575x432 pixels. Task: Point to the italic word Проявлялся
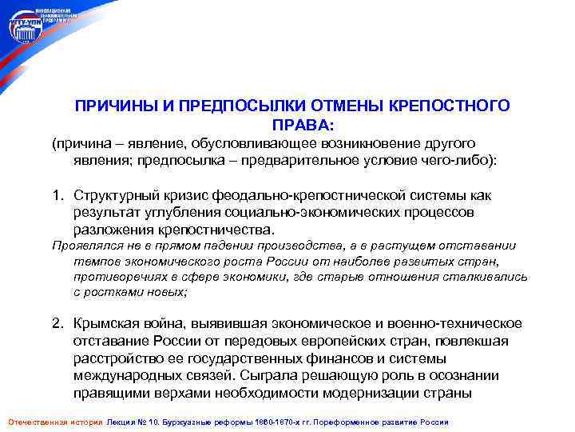coord(83,246)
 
